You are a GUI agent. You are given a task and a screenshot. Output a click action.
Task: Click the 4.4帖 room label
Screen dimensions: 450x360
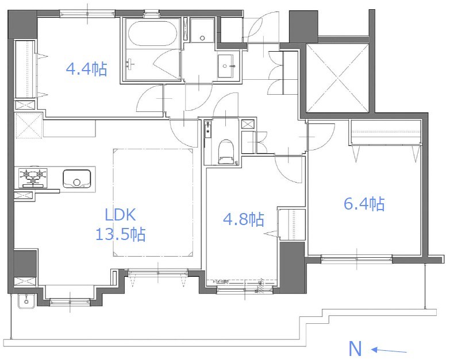tap(87, 69)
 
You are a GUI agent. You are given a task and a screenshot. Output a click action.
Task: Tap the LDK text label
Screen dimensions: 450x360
tap(120, 215)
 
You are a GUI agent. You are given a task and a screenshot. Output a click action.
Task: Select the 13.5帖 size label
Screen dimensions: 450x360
tap(121, 234)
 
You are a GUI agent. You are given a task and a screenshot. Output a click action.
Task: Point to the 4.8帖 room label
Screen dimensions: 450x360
tap(244, 219)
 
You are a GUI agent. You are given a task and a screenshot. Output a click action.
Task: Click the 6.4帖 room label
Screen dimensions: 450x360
tap(364, 204)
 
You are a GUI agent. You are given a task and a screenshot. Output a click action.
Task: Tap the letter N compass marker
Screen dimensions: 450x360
tap(355, 349)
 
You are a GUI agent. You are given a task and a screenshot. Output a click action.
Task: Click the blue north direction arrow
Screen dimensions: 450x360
tap(389, 351)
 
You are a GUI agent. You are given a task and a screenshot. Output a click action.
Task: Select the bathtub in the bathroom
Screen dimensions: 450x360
tap(152, 33)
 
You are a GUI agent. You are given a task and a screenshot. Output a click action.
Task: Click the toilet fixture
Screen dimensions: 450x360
tap(226, 152)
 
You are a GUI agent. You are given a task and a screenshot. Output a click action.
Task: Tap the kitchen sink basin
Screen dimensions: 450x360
tap(76, 179)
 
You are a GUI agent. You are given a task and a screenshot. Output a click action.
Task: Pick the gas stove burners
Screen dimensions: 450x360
tap(33, 178)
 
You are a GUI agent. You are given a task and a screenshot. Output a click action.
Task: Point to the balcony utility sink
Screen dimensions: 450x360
tap(26, 301)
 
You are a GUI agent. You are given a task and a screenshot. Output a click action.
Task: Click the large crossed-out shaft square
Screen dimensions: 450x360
tap(337, 78)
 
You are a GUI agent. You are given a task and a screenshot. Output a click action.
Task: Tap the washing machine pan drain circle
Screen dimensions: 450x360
tap(203, 38)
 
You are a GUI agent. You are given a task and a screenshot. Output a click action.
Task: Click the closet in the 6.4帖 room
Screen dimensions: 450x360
tap(386, 132)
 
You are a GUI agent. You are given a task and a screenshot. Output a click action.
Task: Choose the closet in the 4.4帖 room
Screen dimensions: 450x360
tap(25, 69)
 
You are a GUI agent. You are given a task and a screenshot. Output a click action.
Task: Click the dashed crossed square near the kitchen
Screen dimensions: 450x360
tap(28, 126)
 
